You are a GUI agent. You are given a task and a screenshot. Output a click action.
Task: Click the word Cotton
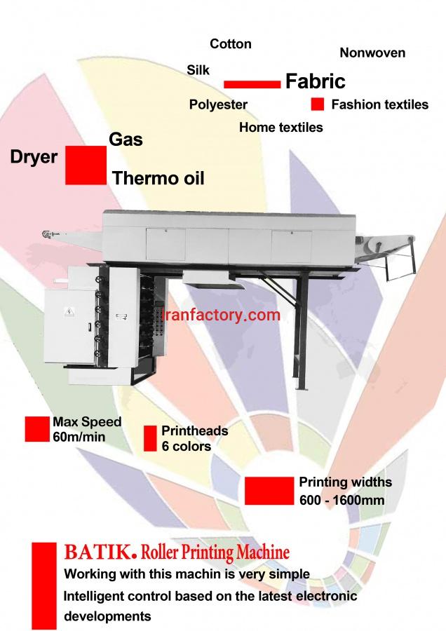click(x=231, y=44)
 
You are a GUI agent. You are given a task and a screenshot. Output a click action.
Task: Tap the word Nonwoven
click(x=372, y=53)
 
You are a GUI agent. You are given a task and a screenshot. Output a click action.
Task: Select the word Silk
click(x=198, y=70)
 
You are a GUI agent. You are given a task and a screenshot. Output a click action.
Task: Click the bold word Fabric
click(x=316, y=81)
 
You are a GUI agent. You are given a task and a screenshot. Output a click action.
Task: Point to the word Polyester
click(x=218, y=104)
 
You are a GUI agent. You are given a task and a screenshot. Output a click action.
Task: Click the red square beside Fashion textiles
click(x=317, y=104)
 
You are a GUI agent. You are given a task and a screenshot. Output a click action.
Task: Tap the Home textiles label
click(x=281, y=128)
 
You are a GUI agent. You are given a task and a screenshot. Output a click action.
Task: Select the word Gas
click(x=126, y=140)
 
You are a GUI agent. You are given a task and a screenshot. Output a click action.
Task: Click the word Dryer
click(x=34, y=156)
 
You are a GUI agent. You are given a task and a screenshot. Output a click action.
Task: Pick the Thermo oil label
click(x=158, y=178)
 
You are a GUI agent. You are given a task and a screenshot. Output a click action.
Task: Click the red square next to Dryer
click(x=86, y=165)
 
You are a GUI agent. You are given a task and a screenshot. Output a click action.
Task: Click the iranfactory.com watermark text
click(x=221, y=315)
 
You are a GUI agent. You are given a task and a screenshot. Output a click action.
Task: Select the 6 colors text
click(x=187, y=446)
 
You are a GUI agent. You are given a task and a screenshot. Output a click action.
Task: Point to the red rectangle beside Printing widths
click(x=269, y=491)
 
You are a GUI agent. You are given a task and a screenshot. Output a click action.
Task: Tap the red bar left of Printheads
click(x=149, y=438)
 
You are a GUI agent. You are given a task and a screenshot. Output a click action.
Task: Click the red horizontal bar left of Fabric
click(x=252, y=84)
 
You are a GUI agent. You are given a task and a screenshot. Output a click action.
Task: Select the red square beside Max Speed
click(x=37, y=429)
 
